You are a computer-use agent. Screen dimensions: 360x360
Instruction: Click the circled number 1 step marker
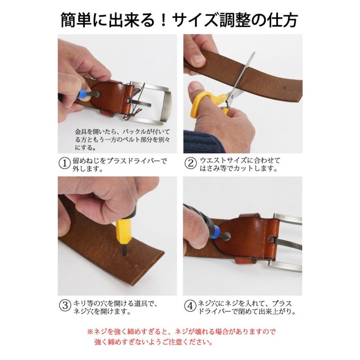coord(64,164)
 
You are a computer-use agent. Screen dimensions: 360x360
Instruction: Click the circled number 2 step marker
coord(190,163)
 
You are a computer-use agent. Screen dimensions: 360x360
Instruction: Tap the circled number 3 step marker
coord(65,306)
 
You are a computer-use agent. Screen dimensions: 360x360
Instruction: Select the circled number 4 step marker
coord(190,306)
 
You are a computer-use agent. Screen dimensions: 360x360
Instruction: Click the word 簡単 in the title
coord(76,20)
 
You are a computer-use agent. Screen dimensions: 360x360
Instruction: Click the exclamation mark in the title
coord(164,20)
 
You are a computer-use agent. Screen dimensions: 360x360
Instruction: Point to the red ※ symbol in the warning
coord(90,331)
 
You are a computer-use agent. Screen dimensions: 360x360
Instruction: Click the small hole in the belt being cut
coord(285,88)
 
